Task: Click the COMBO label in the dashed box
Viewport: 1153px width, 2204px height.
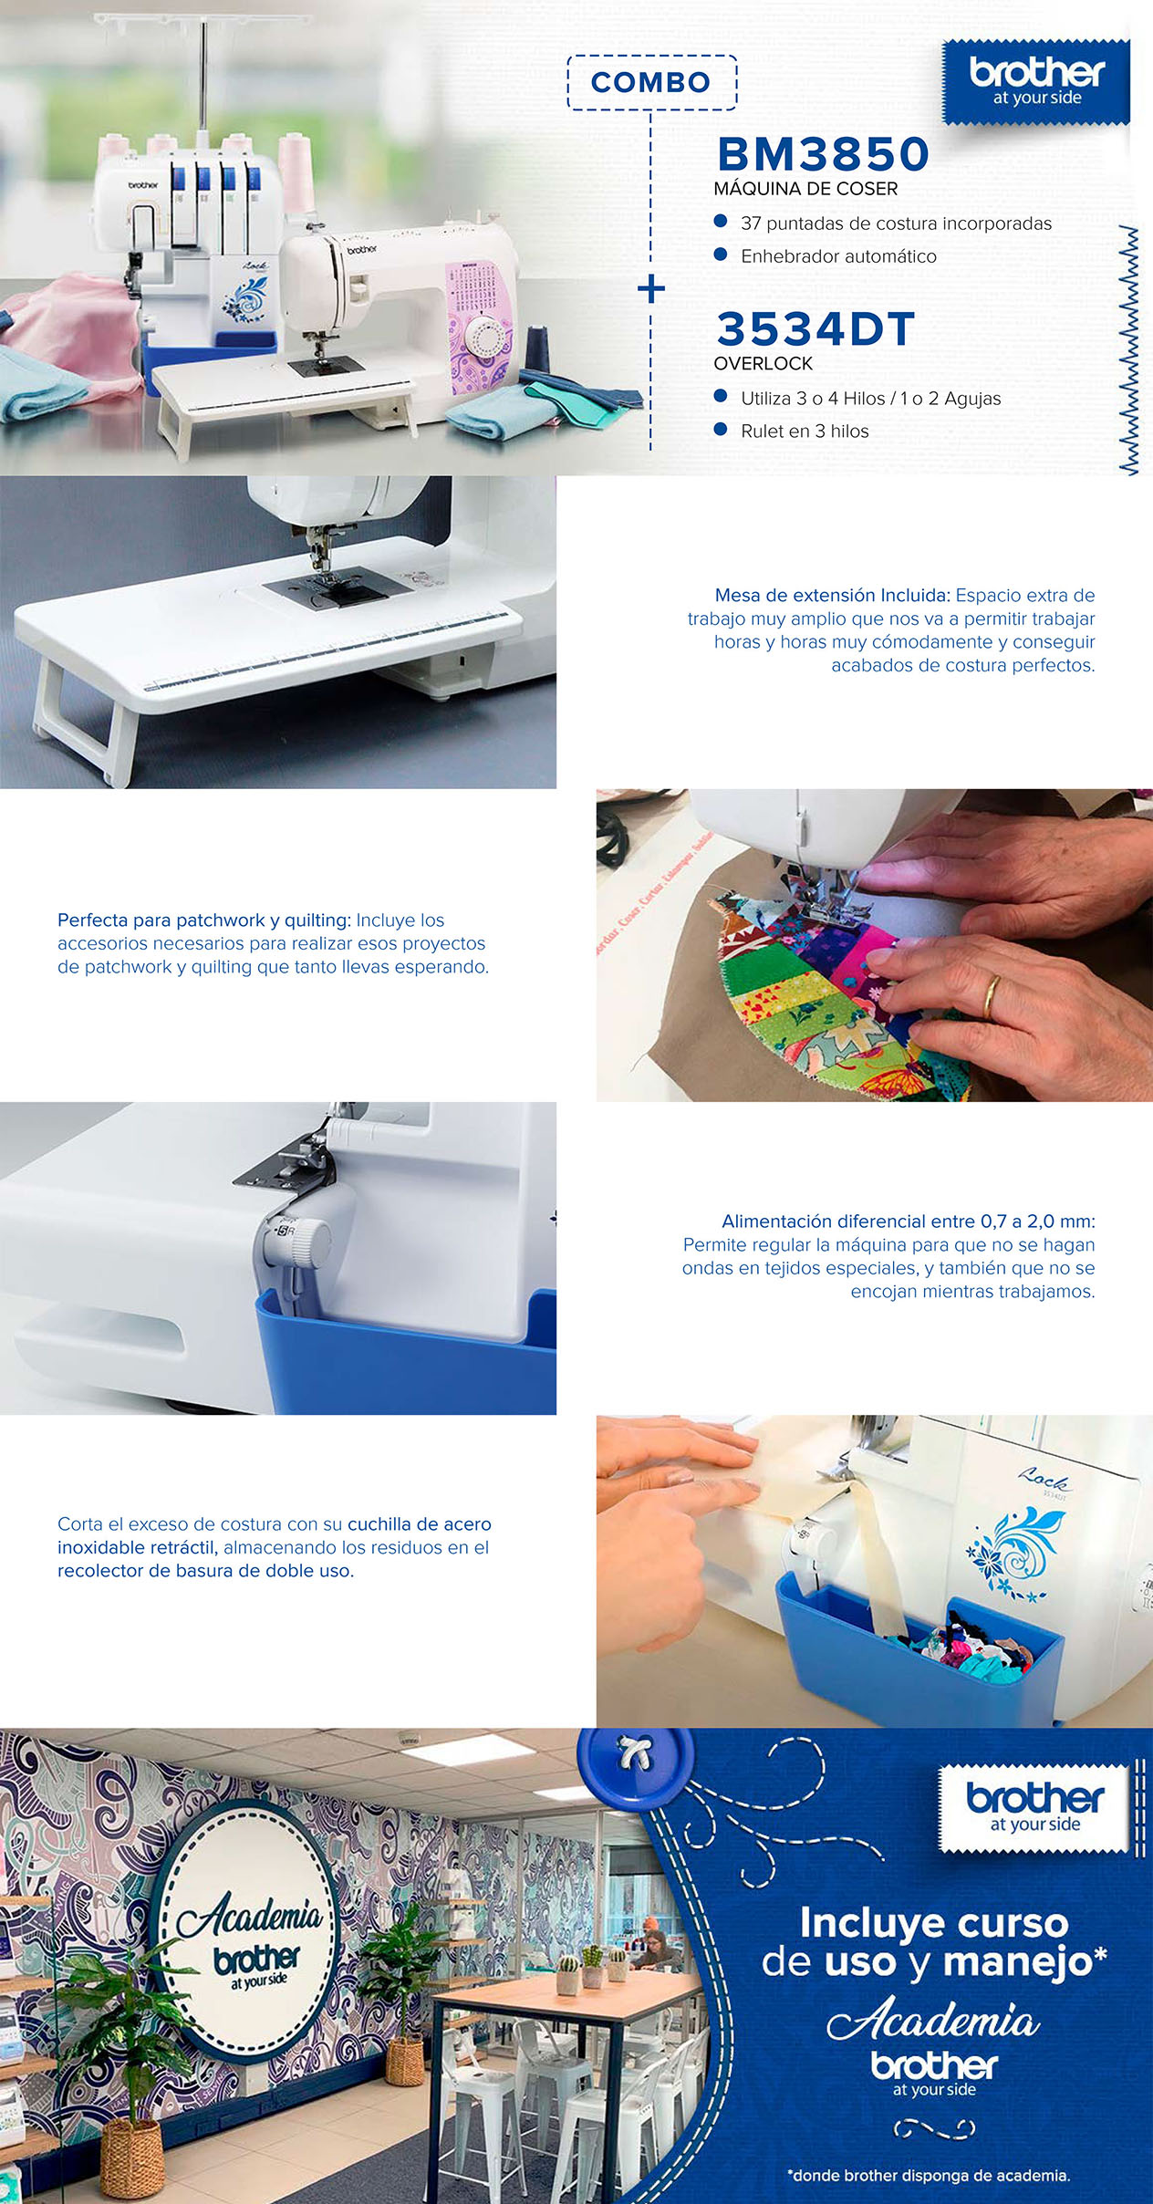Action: pos(650,82)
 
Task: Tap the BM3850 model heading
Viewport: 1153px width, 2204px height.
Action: pos(823,153)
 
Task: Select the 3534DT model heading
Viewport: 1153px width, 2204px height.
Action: pos(815,328)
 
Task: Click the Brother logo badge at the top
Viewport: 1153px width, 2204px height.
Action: pos(1036,82)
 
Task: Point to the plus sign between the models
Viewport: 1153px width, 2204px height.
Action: pos(651,289)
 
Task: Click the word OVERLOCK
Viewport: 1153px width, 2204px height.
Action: pos(763,363)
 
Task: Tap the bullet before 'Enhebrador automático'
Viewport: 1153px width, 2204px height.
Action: pos(721,255)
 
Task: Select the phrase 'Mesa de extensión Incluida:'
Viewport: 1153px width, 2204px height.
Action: pos(833,595)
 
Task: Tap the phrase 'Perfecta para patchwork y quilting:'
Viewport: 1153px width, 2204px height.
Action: pos(204,920)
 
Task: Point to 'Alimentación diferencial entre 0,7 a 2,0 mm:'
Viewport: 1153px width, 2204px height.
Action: pos(909,1221)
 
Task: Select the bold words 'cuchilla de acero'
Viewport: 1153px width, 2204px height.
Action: pos(420,1523)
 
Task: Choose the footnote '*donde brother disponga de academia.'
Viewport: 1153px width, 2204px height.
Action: pos(929,2175)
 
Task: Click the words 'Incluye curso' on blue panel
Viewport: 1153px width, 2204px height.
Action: pos(934,1922)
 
